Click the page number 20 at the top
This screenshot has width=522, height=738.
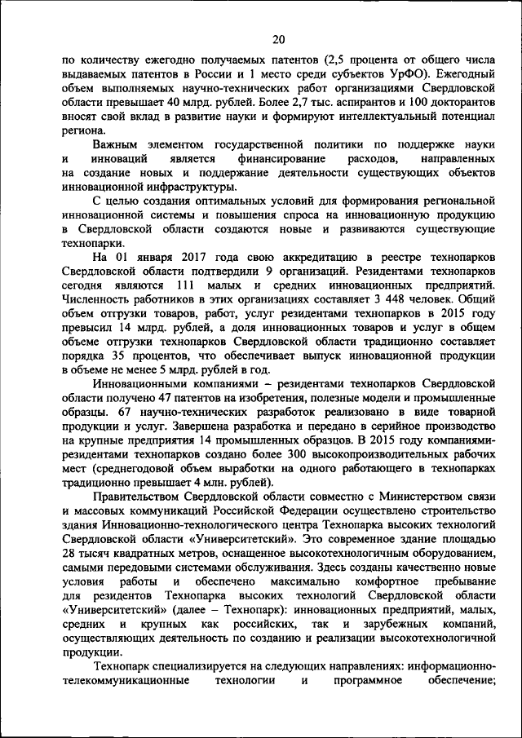(279, 39)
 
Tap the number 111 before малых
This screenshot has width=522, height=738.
(187, 285)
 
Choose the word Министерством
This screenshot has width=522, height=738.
(378, 497)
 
